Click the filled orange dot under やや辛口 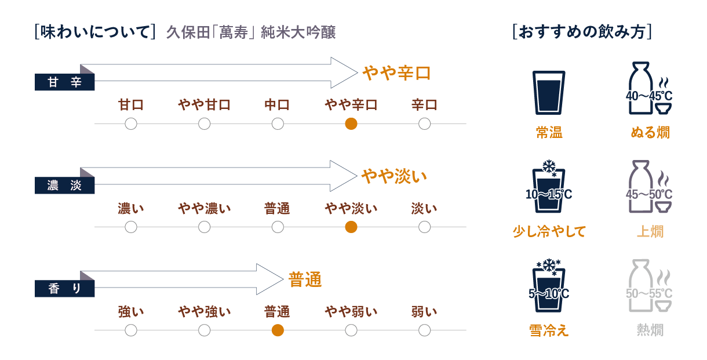pyautogui.click(x=351, y=123)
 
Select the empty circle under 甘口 pyautogui.click(x=131, y=123)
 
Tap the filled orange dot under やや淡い pyautogui.click(x=351, y=227)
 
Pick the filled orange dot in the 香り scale pyautogui.click(x=278, y=330)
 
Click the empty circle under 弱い pyautogui.click(x=424, y=330)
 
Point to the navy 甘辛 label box pyautogui.click(x=64, y=82)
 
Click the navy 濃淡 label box pyautogui.click(x=64, y=186)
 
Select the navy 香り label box pyautogui.click(x=64, y=289)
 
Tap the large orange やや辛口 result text pyautogui.click(x=396, y=72)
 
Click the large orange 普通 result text pyautogui.click(x=305, y=280)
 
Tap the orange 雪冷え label pyautogui.click(x=549, y=330)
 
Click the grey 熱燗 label pyautogui.click(x=650, y=330)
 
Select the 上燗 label pyautogui.click(x=650, y=231)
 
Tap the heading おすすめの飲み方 pyautogui.click(x=582, y=32)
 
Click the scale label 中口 pyautogui.click(x=277, y=105)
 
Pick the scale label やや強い pyautogui.click(x=204, y=312)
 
